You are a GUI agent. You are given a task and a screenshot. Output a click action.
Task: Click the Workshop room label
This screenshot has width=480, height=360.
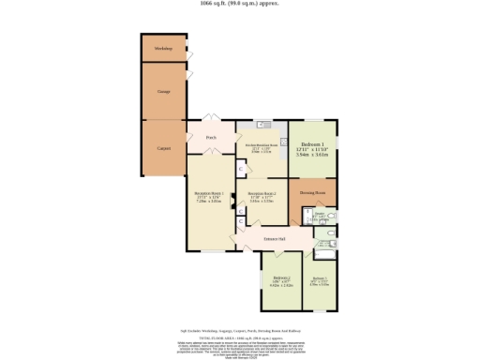[x=163, y=48]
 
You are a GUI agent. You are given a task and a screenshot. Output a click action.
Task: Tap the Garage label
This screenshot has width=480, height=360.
[x=163, y=91]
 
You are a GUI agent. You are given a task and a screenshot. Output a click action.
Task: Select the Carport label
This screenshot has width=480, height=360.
[x=163, y=148]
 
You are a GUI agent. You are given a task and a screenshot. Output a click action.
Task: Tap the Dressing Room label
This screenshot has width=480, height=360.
[x=312, y=193]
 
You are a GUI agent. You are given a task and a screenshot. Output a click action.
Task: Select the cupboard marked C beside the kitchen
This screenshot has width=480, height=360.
[x=241, y=170]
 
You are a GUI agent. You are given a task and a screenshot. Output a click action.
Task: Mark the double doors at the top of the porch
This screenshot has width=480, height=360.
[x=212, y=120]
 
